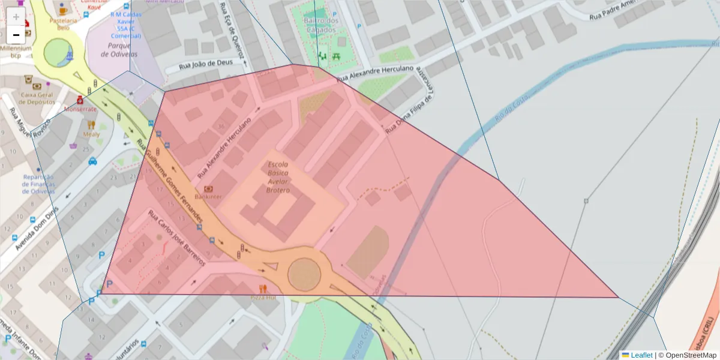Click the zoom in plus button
(x=16, y=17)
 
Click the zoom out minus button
(x=16, y=35)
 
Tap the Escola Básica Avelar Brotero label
(x=278, y=177)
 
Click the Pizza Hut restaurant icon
(x=262, y=289)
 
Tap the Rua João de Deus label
(x=205, y=67)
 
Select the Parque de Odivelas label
(x=119, y=50)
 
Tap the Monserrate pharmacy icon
(x=80, y=100)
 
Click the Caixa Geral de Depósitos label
(x=37, y=98)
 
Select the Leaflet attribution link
(x=641, y=355)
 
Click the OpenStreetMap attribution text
(x=687, y=355)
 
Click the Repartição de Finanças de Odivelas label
(x=38, y=184)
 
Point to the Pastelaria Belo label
(x=63, y=23)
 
